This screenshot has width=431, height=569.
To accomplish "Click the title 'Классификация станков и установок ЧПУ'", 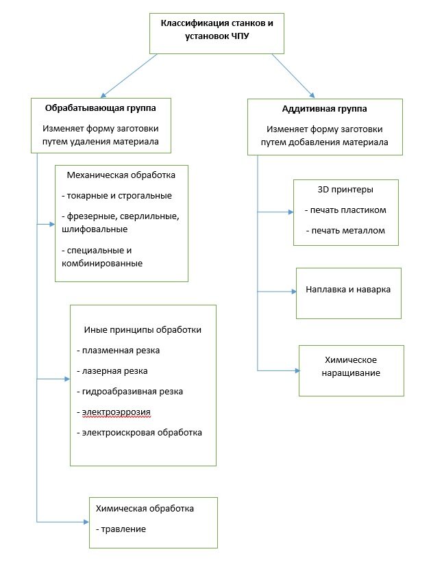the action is [217, 29].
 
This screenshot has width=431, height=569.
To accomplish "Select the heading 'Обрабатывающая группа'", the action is [101, 108].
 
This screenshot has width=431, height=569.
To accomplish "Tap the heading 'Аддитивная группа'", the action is [325, 109].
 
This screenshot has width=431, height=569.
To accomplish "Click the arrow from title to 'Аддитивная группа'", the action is [293, 76].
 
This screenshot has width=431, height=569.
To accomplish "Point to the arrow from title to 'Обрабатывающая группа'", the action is [129, 76].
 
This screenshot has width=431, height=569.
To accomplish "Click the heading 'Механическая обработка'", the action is [121, 175].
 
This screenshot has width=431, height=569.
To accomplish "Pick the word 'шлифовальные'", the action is [95, 229].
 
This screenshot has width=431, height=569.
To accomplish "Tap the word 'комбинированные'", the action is [102, 264].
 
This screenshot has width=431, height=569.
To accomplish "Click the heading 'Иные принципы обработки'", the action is [143, 330].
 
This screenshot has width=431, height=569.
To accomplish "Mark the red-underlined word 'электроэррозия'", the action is [116, 413].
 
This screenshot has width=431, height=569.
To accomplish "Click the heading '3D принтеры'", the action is [345, 190].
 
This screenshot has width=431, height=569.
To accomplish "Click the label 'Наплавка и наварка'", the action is [348, 290].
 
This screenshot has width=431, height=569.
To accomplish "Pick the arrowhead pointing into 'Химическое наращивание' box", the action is [298, 371].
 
